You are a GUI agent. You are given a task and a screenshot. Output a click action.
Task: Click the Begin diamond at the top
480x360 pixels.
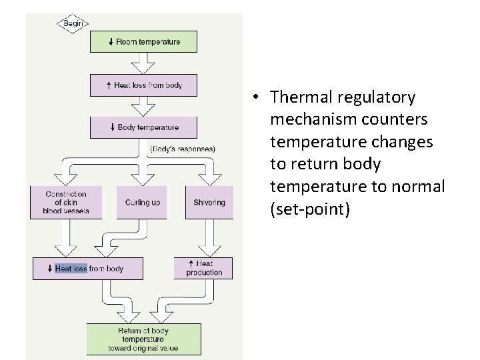click(x=73, y=23)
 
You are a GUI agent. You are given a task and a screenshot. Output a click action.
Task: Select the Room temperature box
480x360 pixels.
click(x=144, y=42)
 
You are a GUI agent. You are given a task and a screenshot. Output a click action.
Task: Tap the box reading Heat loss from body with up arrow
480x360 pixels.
click(x=144, y=85)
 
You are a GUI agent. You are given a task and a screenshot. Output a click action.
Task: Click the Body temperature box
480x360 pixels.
click(x=144, y=127)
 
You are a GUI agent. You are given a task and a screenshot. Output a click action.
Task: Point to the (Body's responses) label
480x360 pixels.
click(x=183, y=149)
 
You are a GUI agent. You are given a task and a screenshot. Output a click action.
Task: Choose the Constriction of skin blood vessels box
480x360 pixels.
click(x=66, y=202)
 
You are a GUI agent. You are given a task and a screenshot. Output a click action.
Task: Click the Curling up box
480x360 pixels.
click(x=142, y=202)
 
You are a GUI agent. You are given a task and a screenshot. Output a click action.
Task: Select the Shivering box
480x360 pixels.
click(x=209, y=202)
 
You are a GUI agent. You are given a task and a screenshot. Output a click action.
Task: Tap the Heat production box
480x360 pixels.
click(x=204, y=268)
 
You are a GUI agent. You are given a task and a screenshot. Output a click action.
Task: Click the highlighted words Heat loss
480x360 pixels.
click(x=71, y=269)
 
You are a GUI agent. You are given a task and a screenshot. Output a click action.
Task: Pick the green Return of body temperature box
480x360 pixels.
click(x=143, y=339)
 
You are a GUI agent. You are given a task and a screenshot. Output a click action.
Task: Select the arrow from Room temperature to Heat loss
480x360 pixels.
click(x=143, y=63)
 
